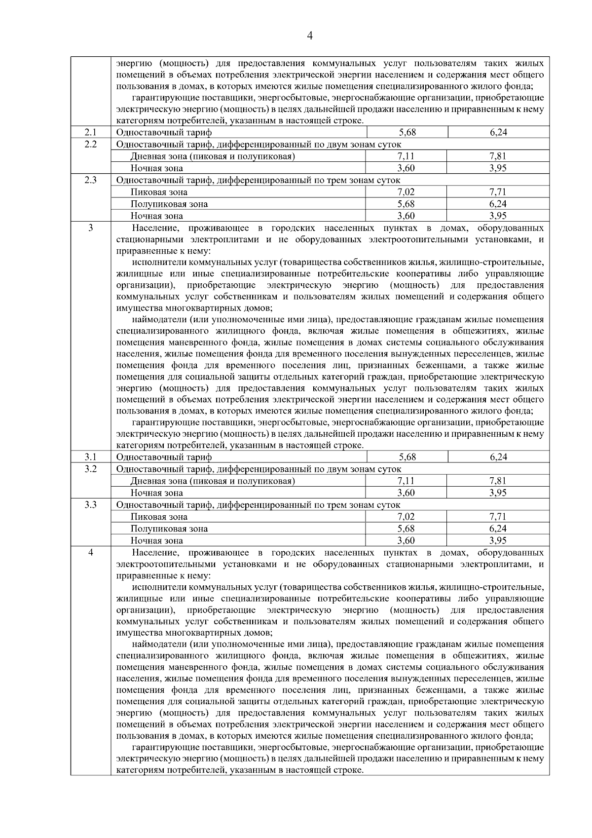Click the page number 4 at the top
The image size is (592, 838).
click(x=310, y=36)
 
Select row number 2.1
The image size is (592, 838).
click(x=90, y=132)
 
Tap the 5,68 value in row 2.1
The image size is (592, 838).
click(x=407, y=132)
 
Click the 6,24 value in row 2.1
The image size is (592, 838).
click(x=499, y=132)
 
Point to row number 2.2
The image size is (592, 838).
click(x=90, y=144)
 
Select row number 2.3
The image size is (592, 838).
click(x=90, y=180)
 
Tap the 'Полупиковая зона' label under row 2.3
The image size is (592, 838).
click(x=169, y=204)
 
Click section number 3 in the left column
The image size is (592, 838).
click(x=90, y=228)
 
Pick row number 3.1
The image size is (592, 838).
click(x=90, y=457)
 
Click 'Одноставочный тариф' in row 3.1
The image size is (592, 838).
click(x=164, y=457)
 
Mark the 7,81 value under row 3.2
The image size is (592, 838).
click(x=498, y=481)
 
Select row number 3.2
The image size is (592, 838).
click(x=90, y=468)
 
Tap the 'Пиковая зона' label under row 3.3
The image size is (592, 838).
click(x=159, y=517)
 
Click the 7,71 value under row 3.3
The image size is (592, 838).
click(x=498, y=516)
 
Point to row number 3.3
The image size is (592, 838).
click(x=90, y=504)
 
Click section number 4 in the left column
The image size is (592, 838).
click(x=90, y=552)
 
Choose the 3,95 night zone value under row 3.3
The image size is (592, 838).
click(x=498, y=540)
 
